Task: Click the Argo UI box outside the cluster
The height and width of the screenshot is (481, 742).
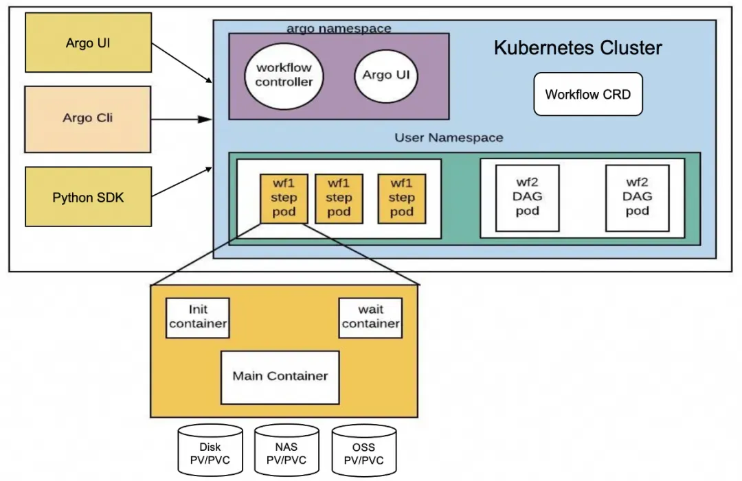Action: [89, 43]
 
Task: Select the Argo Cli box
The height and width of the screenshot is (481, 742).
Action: [88, 119]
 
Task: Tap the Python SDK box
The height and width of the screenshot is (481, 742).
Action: [89, 196]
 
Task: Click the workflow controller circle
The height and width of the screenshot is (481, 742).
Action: [284, 75]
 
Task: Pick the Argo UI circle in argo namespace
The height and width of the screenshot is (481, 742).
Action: [385, 75]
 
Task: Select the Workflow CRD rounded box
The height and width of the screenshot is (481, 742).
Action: [588, 94]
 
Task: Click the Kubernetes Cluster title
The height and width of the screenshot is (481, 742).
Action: [578, 48]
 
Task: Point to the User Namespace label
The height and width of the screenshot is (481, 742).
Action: [449, 137]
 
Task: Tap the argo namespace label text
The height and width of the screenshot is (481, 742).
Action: [339, 28]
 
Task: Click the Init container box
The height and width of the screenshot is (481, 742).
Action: [198, 318]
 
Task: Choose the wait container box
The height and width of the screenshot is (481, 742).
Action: [370, 318]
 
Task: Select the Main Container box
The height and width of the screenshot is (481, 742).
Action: [280, 377]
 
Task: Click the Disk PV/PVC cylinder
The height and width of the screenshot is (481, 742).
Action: [210, 450]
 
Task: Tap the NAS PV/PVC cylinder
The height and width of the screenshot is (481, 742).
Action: [286, 450]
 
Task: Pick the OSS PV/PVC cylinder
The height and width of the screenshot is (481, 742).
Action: [364, 450]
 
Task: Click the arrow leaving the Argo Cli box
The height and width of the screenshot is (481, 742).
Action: [181, 119]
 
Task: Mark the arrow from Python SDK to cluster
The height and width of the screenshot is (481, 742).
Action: [182, 181]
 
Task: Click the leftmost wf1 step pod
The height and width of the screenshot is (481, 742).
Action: [284, 198]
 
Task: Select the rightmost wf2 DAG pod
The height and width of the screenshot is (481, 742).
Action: [638, 198]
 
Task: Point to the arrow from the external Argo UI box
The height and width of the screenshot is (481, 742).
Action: [182, 63]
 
